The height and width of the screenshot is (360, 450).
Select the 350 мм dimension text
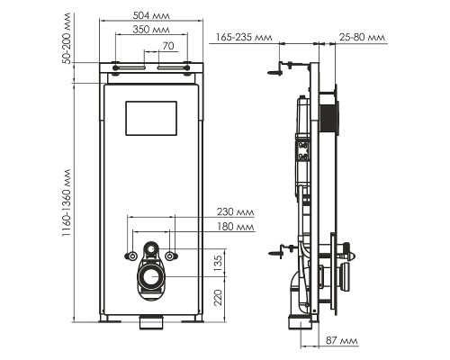pyautogui.click(x=150, y=30)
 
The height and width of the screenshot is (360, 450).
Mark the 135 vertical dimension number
pyautogui.click(x=219, y=263)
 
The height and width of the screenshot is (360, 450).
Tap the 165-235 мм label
pyautogui.click(x=244, y=38)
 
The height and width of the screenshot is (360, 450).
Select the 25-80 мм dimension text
pyautogui.click(x=362, y=38)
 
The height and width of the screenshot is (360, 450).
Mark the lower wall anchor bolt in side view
pyautogui.click(x=279, y=252)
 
